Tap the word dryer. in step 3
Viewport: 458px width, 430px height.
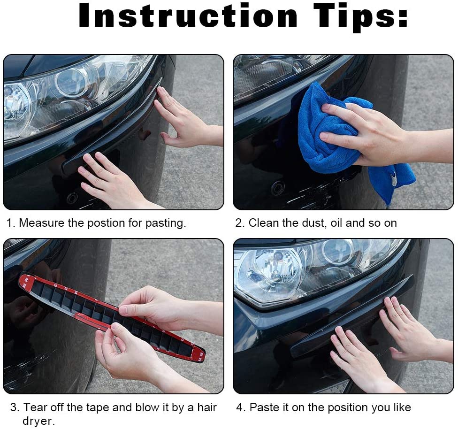[x=38, y=421]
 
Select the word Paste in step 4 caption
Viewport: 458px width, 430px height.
[x=263, y=407]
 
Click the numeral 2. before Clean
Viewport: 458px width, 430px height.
[x=240, y=223]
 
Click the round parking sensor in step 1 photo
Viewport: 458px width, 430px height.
[x=72, y=198]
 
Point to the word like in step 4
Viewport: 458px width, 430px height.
[x=401, y=407]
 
